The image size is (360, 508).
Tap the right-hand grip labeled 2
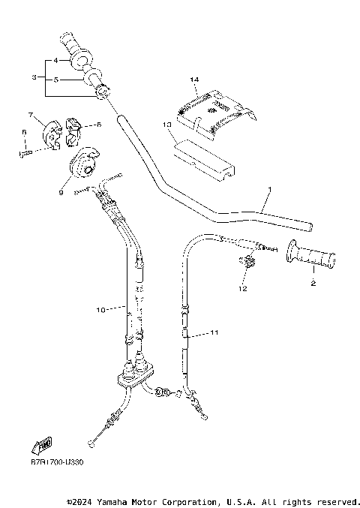click(309, 258)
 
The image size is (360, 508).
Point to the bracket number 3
click(34, 77)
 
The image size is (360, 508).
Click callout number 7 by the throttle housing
click(31, 115)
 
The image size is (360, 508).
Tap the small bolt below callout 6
click(25, 153)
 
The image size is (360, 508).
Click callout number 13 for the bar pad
click(166, 123)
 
